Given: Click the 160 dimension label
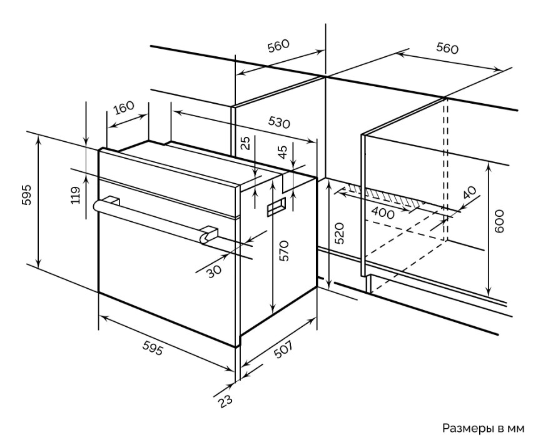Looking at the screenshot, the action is tap(124, 107).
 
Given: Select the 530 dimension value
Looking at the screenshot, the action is tap(279, 122).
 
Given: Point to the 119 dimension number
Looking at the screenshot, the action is tap(76, 195).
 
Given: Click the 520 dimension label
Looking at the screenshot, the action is tap(339, 233).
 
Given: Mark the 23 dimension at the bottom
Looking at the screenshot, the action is tap(225, 401).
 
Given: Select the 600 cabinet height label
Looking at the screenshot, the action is tap(499, 221).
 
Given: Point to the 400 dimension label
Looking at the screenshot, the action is tap(383, 212).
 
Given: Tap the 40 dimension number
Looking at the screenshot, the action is tap(469, 192).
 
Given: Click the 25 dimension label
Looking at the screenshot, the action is tap(246, 143).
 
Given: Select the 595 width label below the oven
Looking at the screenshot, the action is tap(153, 347).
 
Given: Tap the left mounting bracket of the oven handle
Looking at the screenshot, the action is tap(112, 201).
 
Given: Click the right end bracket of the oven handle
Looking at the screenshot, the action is tap(209, 234).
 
